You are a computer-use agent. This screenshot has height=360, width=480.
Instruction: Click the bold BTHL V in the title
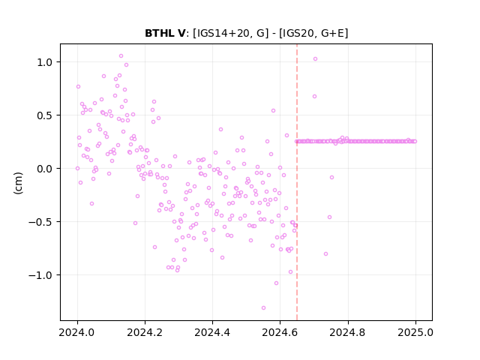coord(165,33)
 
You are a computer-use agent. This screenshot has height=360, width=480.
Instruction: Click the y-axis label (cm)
coord(18,183)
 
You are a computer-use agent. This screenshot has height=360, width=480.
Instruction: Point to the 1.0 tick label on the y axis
coord(45,62)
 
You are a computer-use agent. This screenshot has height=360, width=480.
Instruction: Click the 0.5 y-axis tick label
coord(45,115)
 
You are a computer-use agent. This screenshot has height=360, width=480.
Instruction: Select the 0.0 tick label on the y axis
coord(45,169)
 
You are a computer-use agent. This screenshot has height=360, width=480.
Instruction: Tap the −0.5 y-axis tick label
coord(40,222)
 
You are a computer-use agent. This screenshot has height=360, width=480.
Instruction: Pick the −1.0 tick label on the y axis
coord(40,275)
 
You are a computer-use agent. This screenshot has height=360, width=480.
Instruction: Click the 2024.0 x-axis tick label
coord(77,332)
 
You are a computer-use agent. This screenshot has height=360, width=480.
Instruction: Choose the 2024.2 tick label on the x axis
coord(145,332)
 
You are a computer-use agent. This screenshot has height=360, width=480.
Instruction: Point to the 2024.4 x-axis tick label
coord(212,332)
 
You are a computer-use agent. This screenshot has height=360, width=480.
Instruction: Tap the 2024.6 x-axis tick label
coord(280,332)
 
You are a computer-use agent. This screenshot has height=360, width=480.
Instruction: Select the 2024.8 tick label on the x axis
coord(347,332)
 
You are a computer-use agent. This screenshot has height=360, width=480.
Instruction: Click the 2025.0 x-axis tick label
coord(415,332)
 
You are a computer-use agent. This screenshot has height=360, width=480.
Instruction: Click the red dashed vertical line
coord(297,182)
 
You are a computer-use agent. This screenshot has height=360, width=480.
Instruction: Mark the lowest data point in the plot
coord(263,308)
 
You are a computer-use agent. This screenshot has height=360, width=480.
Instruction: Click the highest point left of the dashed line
coord(121,56)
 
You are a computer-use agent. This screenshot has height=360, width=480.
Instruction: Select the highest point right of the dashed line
coord(315,59)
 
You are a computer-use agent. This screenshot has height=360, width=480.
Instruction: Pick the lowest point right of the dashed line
coord(326,254)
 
